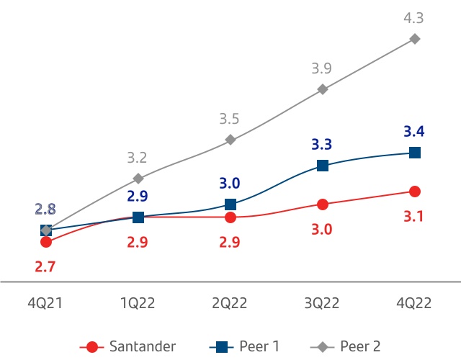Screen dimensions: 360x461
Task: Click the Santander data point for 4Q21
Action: (46, 243)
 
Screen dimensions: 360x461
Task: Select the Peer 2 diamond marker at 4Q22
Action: (415, 38)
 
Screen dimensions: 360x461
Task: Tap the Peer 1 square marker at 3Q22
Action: (323, 166)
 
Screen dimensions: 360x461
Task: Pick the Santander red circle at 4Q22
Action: (415, 192)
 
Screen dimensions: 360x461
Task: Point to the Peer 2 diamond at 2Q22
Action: (230, 140)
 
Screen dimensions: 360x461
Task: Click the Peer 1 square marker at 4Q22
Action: (415, 153)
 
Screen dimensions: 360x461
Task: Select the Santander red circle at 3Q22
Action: (323, 204)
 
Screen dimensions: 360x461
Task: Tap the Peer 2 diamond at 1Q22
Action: (138, 178)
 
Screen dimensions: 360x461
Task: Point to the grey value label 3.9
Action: (322, 68)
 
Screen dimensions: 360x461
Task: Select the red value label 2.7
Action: (45, 267)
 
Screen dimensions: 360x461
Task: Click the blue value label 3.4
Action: (415, 131)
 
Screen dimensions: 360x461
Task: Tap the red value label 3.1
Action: (415, 216)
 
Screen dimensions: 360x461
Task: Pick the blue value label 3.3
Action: (322, 144)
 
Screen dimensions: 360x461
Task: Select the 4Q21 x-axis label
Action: (45, 303)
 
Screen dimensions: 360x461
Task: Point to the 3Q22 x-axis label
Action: (322, 303)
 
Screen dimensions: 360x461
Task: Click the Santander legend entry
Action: (130, 346)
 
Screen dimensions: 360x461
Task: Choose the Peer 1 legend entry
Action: (244, 346)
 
